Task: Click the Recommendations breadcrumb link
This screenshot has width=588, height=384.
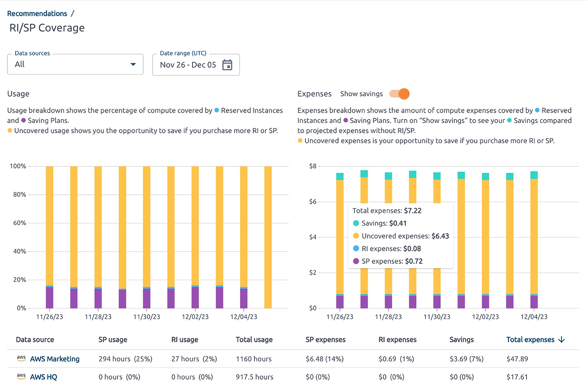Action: tap(37, 14)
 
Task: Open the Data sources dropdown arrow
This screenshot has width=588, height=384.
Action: tap(133, 64)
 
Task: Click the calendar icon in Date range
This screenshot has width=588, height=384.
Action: tap(227, 65)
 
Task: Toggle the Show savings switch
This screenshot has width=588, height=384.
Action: tap(400, 94)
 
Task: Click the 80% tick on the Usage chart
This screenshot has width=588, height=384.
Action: tap(20, 195)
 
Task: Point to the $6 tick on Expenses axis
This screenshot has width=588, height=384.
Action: tap(313, 202)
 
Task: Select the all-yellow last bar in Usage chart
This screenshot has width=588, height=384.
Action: tap(268, 237)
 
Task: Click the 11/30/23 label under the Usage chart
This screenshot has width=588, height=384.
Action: tap(147, 317)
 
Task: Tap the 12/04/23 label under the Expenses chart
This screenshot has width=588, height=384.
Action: tap(534, 317)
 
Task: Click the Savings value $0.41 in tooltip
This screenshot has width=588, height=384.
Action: tap(398, 223)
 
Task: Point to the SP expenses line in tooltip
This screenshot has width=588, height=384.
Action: tap(392, 261)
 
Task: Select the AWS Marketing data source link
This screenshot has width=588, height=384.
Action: tap(55, 359)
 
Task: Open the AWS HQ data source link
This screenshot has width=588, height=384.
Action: tap(44, 377)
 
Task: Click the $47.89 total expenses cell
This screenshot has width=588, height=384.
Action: tap(517, 359)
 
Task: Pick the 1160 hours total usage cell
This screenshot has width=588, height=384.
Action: tap(254, 359)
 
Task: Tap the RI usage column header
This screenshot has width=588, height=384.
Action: tap(185, 340)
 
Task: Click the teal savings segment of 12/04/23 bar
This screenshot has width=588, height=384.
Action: tap(534, 175)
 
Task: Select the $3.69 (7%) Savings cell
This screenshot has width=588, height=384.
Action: tap(466, 359)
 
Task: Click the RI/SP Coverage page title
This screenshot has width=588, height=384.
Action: tap(47, 28)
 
